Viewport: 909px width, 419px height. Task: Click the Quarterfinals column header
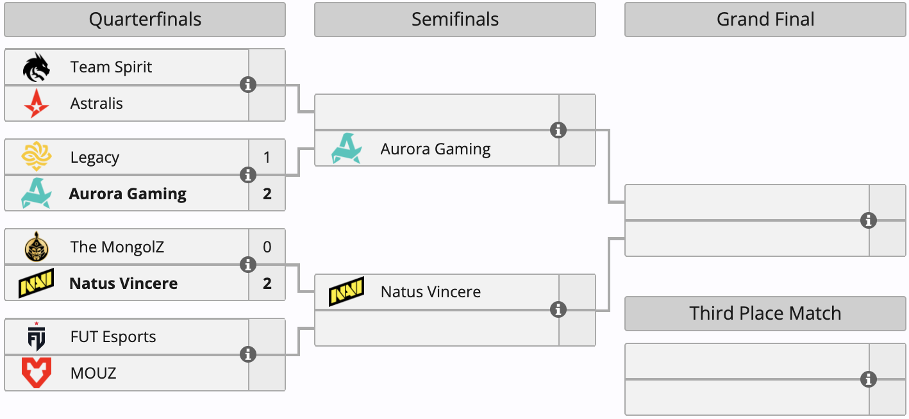145,20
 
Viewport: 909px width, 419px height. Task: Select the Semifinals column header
454,20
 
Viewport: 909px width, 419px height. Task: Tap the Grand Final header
765,20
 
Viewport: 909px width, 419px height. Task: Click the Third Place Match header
765,313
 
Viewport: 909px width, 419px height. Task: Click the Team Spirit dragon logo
36,67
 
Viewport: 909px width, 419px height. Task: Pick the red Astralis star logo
36,104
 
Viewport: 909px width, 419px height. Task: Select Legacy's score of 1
267,157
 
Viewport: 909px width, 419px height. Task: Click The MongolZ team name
117,247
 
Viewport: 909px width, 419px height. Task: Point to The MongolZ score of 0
267,247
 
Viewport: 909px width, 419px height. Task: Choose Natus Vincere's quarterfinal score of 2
267,283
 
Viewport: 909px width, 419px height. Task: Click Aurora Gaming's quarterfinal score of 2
267,193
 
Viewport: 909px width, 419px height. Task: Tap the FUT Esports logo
36,337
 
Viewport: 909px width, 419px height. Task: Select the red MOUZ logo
36,373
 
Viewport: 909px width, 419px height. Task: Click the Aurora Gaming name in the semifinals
435,149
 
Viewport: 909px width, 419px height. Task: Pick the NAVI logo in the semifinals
346,292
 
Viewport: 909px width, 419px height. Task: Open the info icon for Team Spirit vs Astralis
248,85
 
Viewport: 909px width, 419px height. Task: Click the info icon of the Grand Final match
869,220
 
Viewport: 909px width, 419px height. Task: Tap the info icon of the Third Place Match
869,379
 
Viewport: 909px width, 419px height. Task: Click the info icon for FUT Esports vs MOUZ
248,354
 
